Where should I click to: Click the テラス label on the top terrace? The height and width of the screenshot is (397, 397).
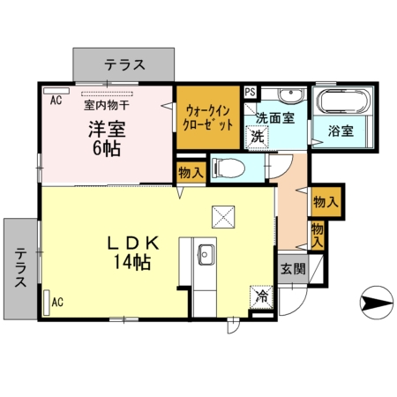(125, 64)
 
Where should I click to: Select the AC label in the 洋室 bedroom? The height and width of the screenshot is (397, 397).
(56, 100)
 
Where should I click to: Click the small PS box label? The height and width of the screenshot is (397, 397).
(249, 91)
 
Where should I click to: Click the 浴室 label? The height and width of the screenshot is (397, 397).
(341, 131)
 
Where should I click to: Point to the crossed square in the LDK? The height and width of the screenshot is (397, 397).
(223, 214)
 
